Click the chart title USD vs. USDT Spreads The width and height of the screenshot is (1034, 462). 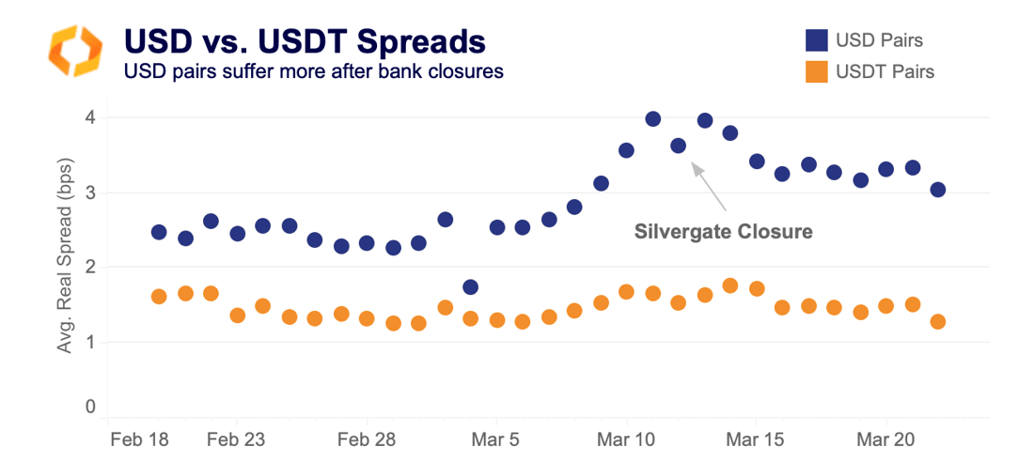tap(305, 41)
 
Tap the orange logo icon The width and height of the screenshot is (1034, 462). tap(74, 51)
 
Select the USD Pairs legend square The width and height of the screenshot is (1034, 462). tap(816, 40)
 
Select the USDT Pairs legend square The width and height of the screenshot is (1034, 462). tap(816, 70)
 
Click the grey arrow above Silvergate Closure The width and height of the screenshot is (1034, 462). tap(710, 186)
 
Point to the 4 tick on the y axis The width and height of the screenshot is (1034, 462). tap(91, 117)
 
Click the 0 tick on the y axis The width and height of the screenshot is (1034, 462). tap(91, 407)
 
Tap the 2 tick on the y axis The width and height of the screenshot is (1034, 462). tap(91, 268)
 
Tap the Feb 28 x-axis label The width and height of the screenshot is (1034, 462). tap(367, 439)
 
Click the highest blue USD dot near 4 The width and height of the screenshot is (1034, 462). tap(653, 118)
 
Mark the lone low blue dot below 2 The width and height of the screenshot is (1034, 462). tap(471, 287)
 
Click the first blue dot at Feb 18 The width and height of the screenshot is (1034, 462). tap(159, 232)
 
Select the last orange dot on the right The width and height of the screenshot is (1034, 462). tap(937, 322)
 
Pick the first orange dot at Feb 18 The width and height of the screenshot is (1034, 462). tap(159, 297)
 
